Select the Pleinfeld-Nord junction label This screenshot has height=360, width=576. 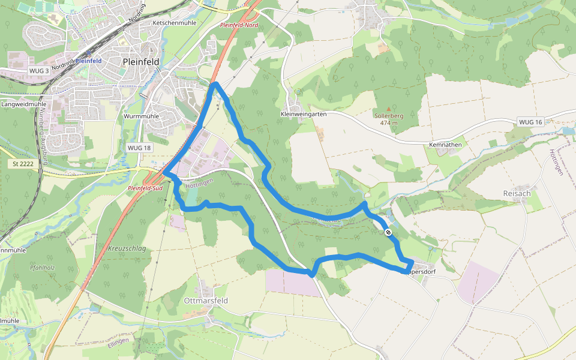click(239, 25)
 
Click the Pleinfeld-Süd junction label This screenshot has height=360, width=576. click(145, 188)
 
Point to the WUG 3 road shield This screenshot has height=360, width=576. click(38, 71)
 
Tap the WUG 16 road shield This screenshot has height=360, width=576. click(530, 122)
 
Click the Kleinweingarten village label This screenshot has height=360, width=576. click(303, 114)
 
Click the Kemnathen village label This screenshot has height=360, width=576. click(445, 145)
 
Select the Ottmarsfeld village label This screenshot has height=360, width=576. click(206, 300)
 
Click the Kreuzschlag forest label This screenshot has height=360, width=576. click(127, 248)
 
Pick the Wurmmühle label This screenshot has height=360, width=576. click(140, 116)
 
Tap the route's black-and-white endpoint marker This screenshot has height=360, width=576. click(389, 232)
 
